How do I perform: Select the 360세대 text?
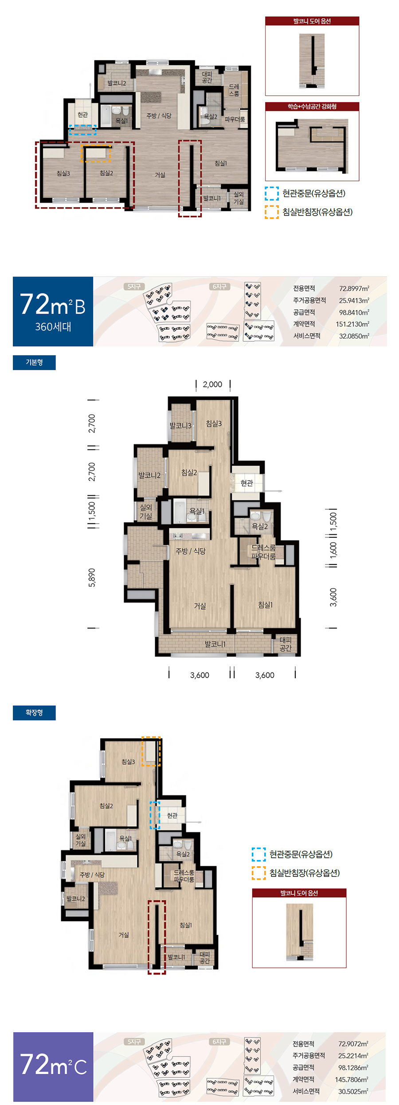pyautogui.click(x=53, y=327)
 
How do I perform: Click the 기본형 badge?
pyautogui.click(x=34, y=363)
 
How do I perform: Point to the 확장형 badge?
pyautogui.click(x=34, y=713)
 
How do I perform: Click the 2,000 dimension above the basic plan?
pyautogui.click(x=212, y=384)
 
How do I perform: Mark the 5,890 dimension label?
pyautogui.click(x=92, y=578)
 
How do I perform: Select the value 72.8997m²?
pyautogui.click(x=354, y=288)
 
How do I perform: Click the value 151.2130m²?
pyautogui.click(x=352, y=324)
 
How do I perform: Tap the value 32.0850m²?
pyautogui.click(x=354, y=336)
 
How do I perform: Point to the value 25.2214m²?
pyautogui.click(x=353, y=1056)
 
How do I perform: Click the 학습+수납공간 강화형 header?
pyautogui.click(x=312, y=107)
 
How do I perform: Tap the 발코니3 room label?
pyautogui.click(x=180, y=426)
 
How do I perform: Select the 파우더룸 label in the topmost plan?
pyautogui.click(x=235, y=119)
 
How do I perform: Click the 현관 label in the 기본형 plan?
pyautogui.click(x=246, y=483)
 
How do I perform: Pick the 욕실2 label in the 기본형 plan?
pyautogui.click(x=260, y=527)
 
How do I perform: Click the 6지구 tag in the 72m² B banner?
pyautogui.click(x=219, y=287)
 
